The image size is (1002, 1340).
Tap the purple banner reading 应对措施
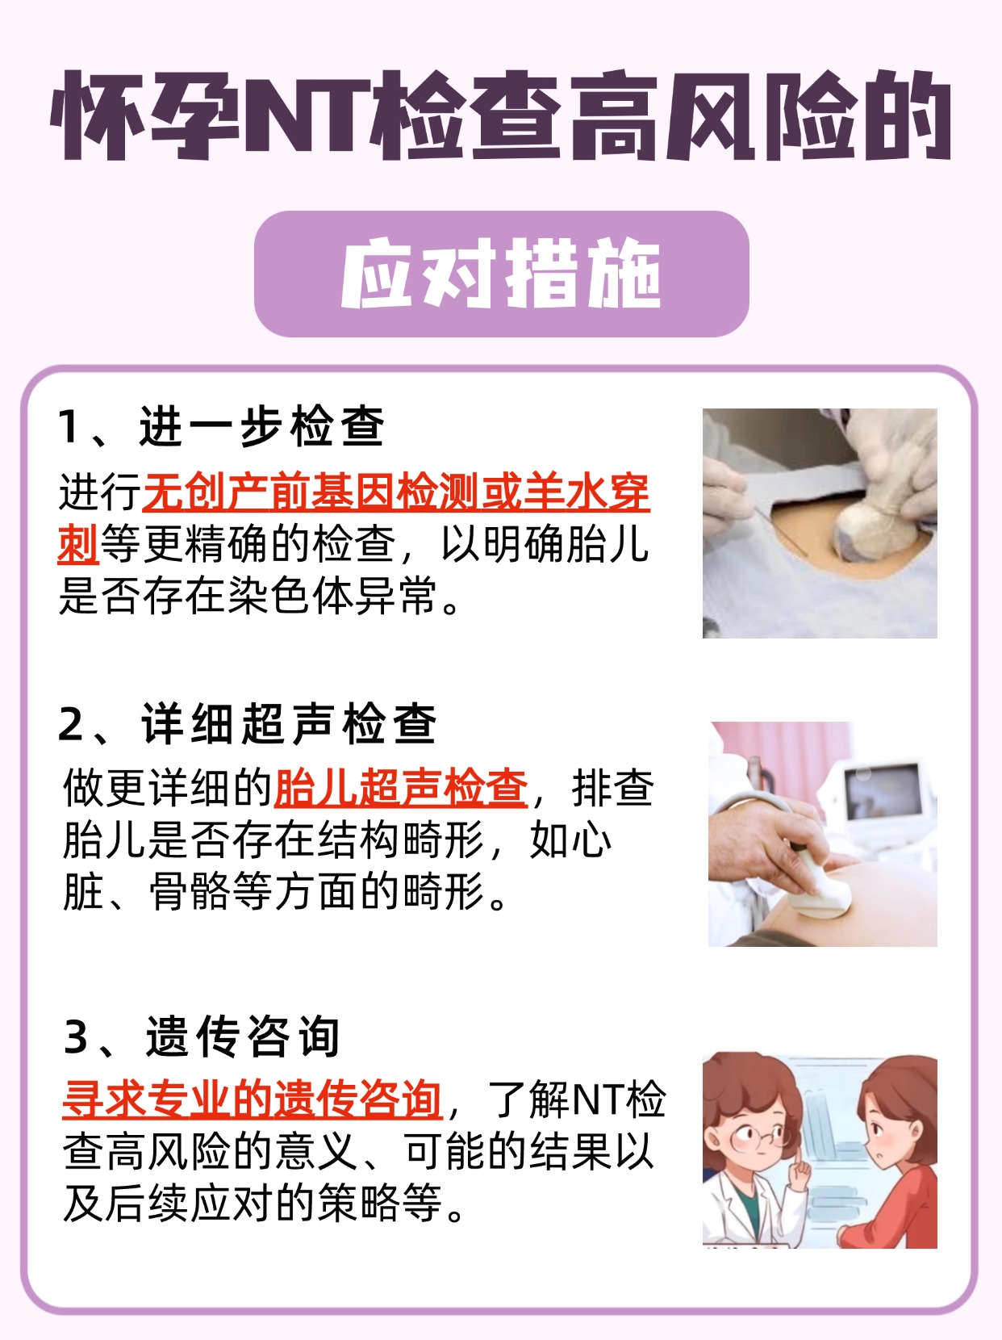pos(501,274)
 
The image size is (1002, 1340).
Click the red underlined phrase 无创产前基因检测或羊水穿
pos(395,492)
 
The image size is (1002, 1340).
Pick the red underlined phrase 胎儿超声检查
pos(401,788)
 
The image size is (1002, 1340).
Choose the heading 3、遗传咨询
pos(202,1036)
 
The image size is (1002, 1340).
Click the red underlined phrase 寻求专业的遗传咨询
pos(253,1099)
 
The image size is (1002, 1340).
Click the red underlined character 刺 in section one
pos(78,544)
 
